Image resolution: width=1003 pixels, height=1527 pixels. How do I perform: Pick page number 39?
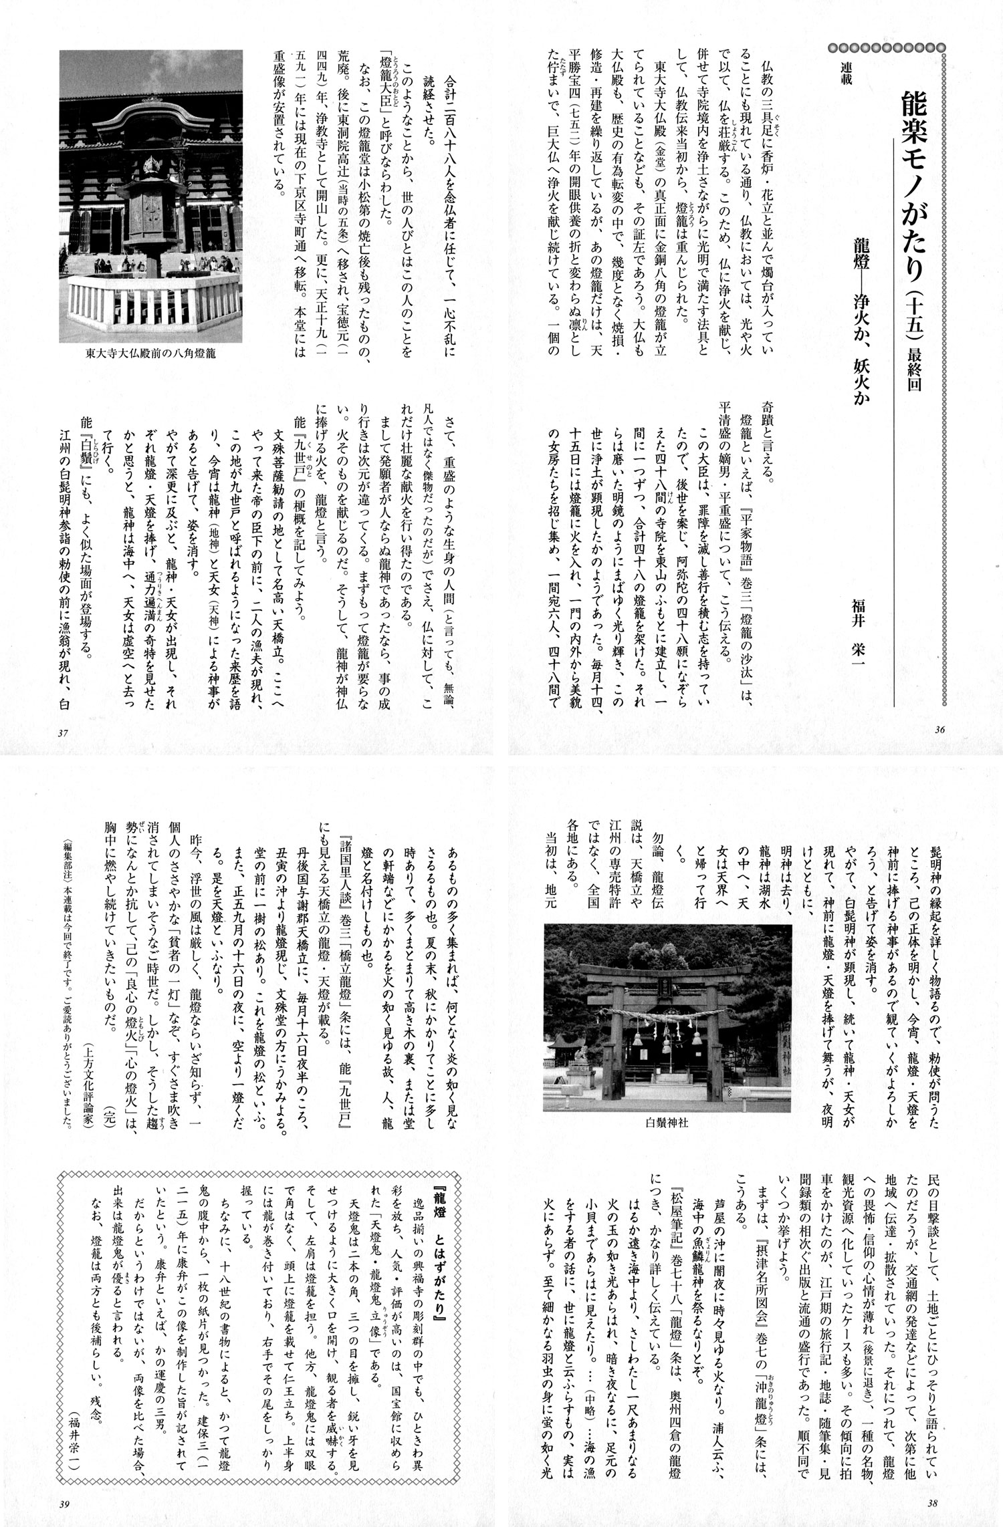65,1504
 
